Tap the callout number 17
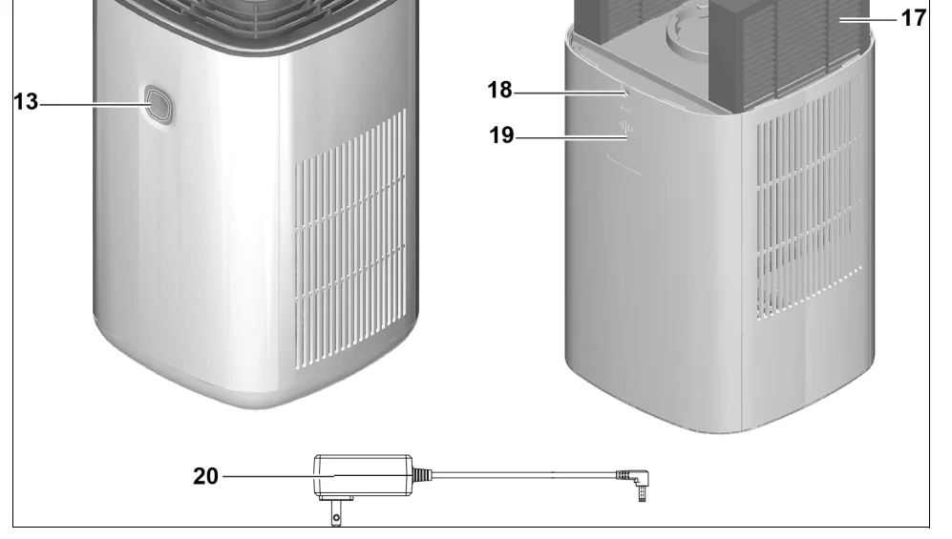pyautogui.click(x=913, y=18)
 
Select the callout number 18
pyautogui.click(x=498, y=93)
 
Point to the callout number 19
pyautogui.click(x=498, y=137)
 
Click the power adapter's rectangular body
pyautogui.click(x=363, y=476)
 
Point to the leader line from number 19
pyautogui.click(x=568, y=138)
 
